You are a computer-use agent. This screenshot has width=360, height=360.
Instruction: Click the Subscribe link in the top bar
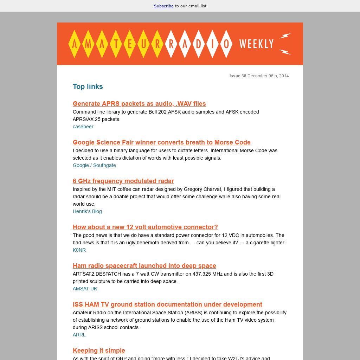coord(163,6)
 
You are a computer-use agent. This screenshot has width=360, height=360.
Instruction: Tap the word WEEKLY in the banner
coord(256,44)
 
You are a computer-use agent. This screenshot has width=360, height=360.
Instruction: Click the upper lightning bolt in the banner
coord(285,36)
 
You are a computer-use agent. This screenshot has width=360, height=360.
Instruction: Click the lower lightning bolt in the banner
coord(285,52)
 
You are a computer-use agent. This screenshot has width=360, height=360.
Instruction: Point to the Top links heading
coord(88,86)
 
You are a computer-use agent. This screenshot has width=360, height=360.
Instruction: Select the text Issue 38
coord(238,76)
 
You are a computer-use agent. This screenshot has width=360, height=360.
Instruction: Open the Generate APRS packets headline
coord(139,104)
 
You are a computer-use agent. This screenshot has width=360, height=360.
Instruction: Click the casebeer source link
coord(83,127)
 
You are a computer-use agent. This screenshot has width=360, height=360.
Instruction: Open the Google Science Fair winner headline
coord(162,142)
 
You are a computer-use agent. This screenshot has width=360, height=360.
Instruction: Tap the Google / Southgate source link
coord(94,165)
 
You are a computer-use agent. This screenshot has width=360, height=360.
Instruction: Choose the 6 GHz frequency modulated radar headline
coord(123,181)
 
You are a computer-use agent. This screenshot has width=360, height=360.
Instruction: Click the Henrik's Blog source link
coord(87,211)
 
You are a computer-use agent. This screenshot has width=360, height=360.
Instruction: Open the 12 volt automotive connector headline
coord(145,227)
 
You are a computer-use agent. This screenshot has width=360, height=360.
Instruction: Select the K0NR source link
coord(79,250)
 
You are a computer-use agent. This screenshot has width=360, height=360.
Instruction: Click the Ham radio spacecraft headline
coord(144,266)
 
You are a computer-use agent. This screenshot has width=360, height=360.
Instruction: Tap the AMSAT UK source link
coord(85,289)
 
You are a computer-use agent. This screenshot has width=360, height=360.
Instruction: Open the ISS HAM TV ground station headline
coord(167,304)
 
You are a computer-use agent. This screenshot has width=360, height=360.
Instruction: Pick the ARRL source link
coord(79,335)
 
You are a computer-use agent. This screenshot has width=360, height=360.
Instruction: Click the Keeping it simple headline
coord(99,351)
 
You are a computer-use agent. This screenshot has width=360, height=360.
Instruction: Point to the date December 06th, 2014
coord(268,76)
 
